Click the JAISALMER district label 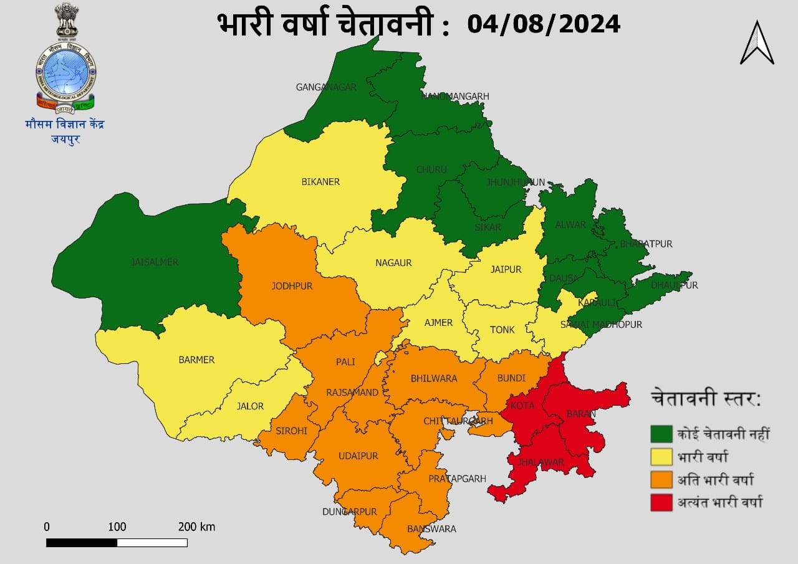tap(155, 262)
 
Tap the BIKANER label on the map tap(320, 182)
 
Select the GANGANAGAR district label tap(326, 87)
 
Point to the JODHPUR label tap(292, 287)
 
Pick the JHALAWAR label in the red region tap(541, 462)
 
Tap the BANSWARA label tap(431, 529)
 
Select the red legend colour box tap(661, 502)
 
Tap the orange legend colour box tap(661, 480)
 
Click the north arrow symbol tap(757, 44)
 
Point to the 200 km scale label tap(196, 527)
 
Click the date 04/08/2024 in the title tap(544, 24)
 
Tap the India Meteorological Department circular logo tap(65, 72)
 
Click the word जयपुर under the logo tap(65, 139)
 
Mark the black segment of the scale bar tap(82, 543)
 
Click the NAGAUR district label tap(393, 263)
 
